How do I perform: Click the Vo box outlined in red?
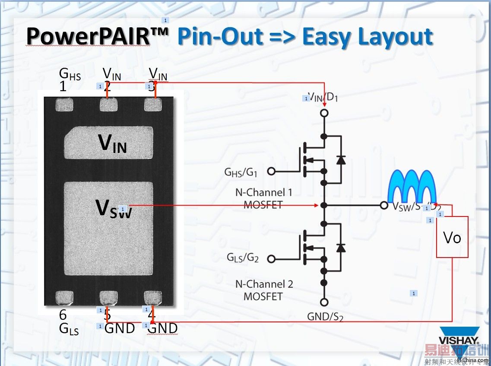point(452,237)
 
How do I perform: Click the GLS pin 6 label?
point(68,323)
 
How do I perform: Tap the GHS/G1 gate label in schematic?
point(241,172)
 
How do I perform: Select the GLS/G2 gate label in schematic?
point(242,258)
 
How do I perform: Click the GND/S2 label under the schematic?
point(325,317)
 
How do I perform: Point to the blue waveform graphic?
point(412,186)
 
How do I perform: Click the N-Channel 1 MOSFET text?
point(263,198)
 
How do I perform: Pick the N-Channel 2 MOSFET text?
point(264,290)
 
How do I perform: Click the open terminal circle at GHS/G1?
point(271,171)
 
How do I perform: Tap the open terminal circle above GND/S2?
point(324,302)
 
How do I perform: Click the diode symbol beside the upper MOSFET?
point(341,159)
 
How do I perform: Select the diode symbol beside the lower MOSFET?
point(341,247)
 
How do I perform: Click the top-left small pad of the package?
point(65,104)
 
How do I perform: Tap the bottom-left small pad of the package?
point(65,297)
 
